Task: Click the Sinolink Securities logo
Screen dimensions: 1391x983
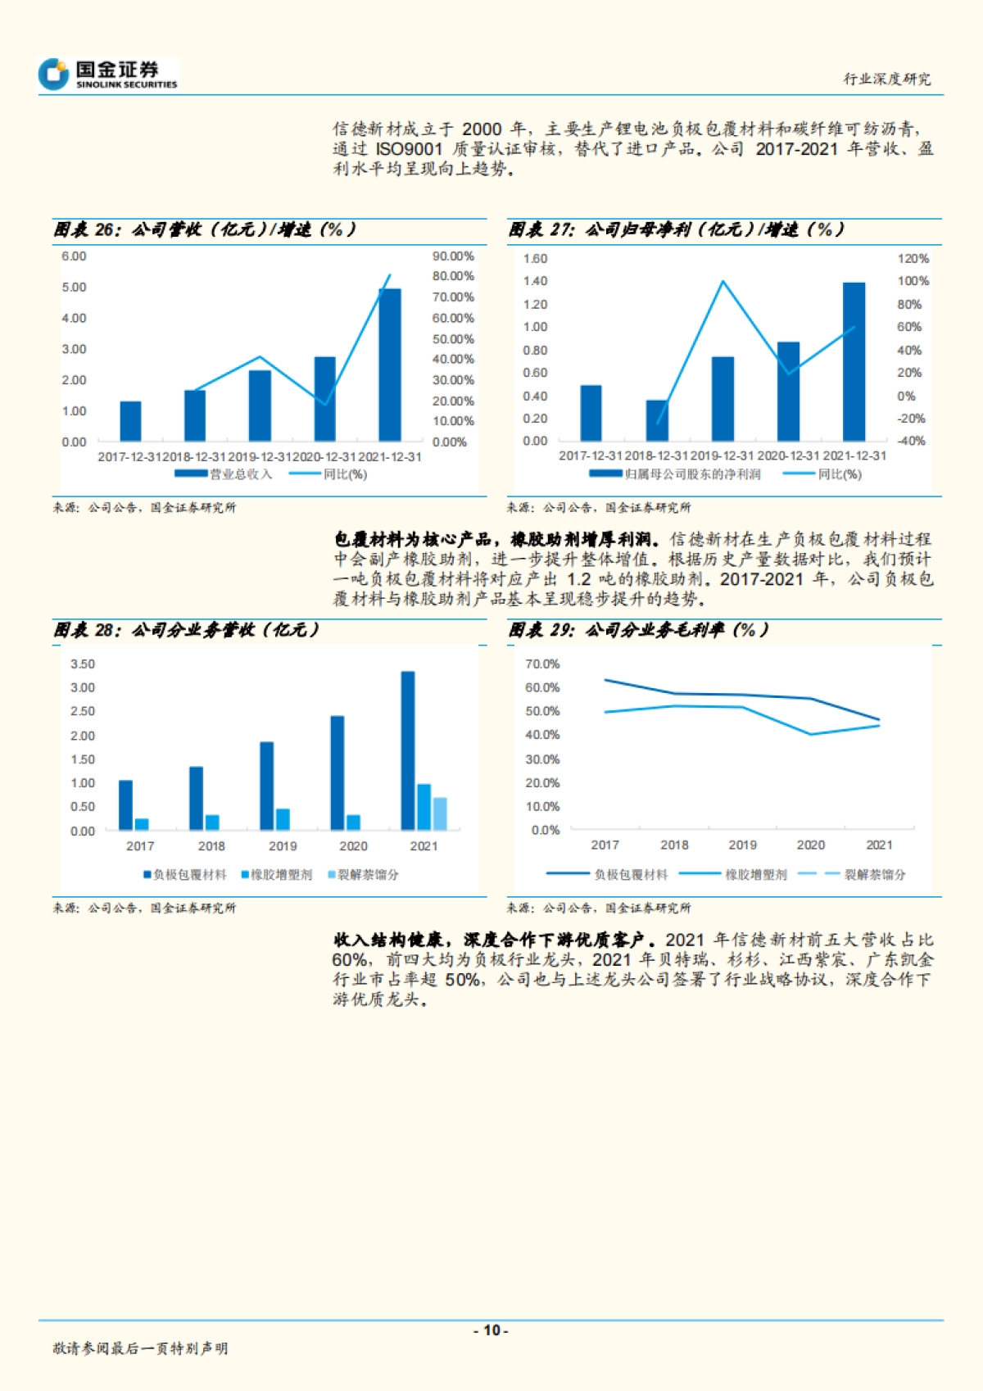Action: [x=107, y=75]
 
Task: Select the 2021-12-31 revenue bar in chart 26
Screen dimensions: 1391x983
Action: [x=389, y=365]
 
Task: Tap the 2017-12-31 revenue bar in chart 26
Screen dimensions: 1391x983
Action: [x=130, y=421]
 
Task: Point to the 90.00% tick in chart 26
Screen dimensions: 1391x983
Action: [x=453, y=256]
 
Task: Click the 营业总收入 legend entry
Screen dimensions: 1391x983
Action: [x=223, y=474]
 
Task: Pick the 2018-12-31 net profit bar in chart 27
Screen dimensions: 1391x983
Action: [x=657, y=420]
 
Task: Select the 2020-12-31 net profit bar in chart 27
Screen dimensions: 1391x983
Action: [x=788, y=392]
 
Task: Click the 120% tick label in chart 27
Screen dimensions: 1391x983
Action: [x=913, y=259]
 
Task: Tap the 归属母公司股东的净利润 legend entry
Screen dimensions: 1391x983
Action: [x=675, y=474]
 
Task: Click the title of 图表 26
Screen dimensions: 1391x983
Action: [x=205, y=229]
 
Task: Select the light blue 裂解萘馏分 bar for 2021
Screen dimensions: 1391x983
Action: [x=440, y=813]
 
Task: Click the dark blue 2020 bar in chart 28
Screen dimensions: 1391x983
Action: [x=337, y=773]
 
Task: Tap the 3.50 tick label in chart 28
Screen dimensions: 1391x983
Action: [x=83, y=664]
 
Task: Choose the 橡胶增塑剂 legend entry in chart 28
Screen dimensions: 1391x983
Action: [x=276, y=875]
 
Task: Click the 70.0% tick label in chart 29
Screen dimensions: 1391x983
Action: [x=542, y=664]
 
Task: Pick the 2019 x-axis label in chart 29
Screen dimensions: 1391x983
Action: [x=742, y=845]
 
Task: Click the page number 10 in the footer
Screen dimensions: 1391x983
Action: [x=491, y=1330]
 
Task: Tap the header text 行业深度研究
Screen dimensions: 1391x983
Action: [x=887, y=79]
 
